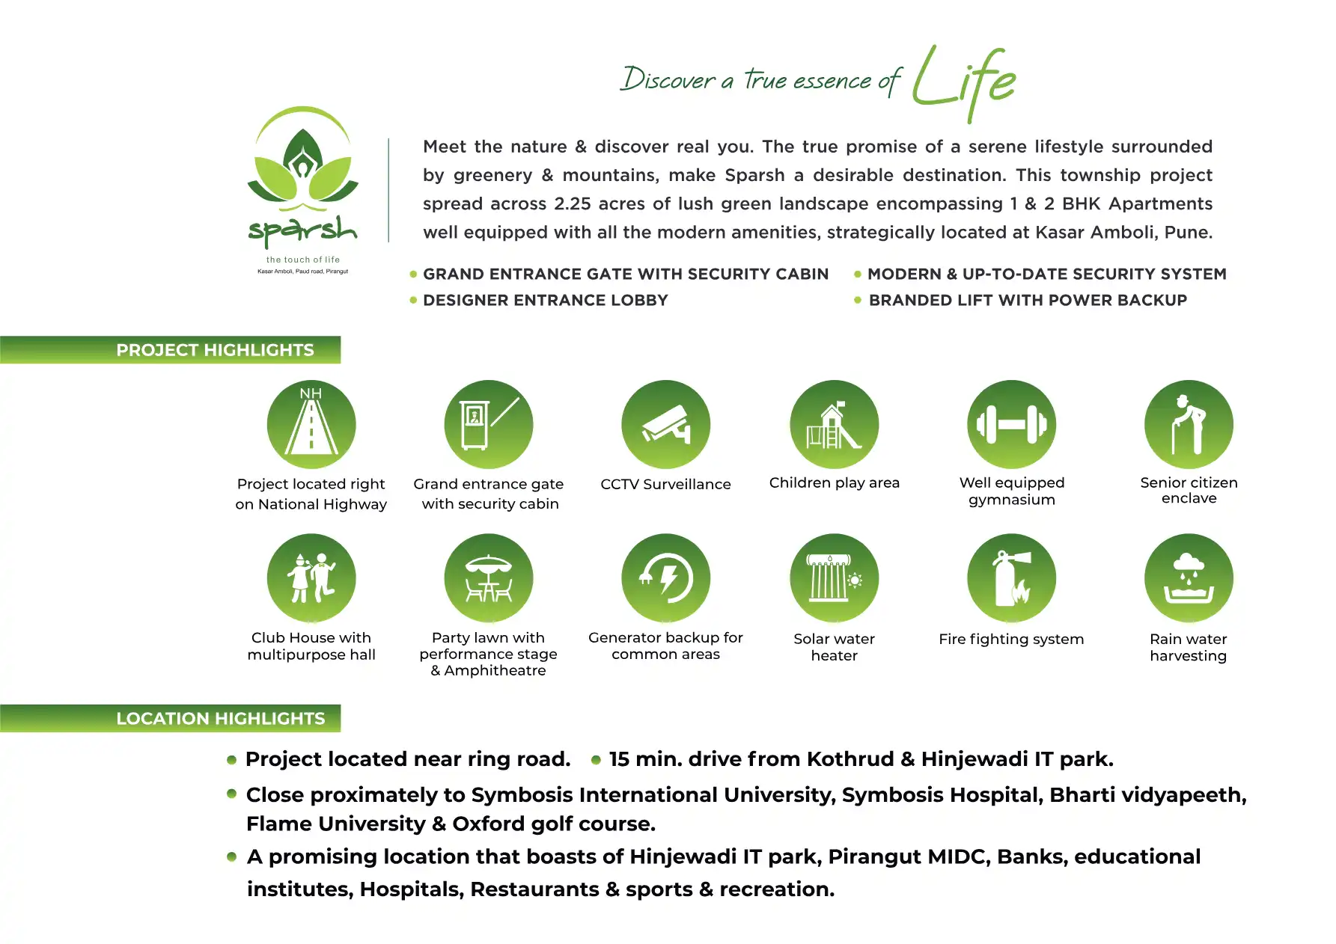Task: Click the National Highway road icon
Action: coord(311,425)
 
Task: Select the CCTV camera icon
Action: coord(665,425)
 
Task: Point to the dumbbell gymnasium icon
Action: coord(1011,425)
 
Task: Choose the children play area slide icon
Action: coord(835,425)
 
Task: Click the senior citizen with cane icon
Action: coord(1189,425)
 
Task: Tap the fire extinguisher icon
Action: coord(1011,578)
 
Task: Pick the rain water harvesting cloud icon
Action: coord(1189,578)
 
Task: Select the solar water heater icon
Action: coord(835,578)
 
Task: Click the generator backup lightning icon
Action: coord(665,578)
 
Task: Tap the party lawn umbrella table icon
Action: coord(489,578)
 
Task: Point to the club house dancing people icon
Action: coord(311,578)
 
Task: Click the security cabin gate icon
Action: coord(489,425)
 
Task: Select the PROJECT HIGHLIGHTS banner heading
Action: coord(215,350)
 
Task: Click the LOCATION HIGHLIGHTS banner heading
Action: coord(221,719)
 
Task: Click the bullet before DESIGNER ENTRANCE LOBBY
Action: coord(413,301)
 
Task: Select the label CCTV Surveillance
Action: coord(665,484)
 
